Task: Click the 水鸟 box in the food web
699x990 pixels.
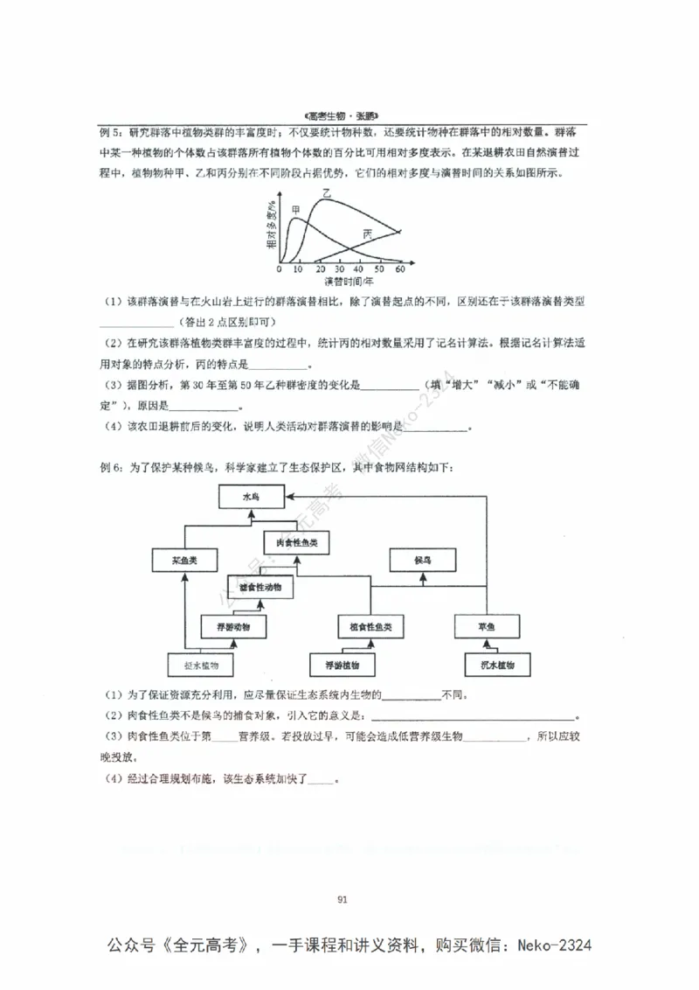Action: (251, 497)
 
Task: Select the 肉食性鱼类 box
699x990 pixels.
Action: (297, 543)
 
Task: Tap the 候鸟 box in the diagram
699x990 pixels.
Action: (423, 558)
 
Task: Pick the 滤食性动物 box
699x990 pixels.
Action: (260, 588)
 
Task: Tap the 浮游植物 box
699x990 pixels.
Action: (343, 666)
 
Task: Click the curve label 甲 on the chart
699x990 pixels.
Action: (295, 209)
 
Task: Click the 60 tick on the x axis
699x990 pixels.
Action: (400, 270)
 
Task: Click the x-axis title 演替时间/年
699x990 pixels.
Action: (349, 282)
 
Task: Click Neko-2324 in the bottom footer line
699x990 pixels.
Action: (555, 946)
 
